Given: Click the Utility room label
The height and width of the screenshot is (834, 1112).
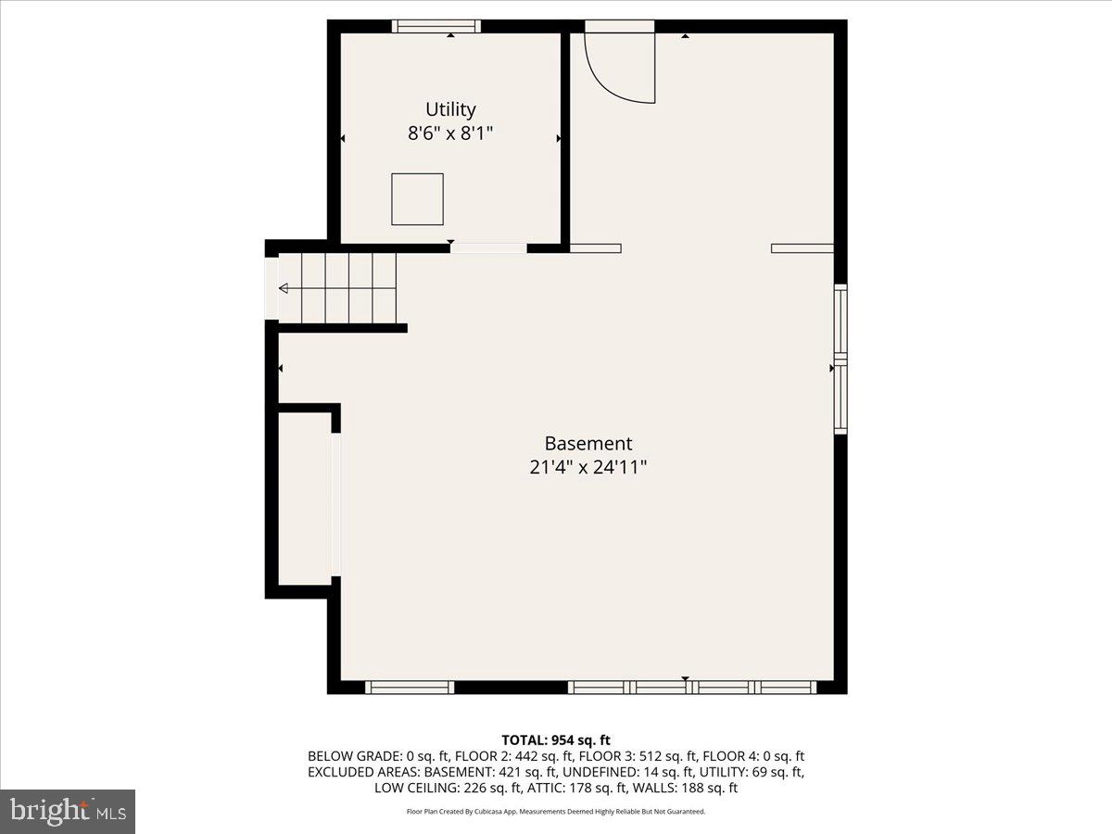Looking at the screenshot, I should pyautogui.click(x=450, y=109).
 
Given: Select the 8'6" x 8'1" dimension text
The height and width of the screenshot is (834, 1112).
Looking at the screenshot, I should pyautogui.click(x=450, y=133).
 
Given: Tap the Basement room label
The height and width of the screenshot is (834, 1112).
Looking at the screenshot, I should pyautogui.click(x=588, y=444).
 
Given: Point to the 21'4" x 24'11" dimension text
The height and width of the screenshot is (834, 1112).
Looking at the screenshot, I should pyautogui.click(x=588, y=468).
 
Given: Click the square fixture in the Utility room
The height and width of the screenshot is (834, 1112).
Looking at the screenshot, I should pyautogui.click(x=417, y=199).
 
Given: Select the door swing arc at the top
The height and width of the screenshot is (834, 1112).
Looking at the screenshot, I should pyautogui.click(x=619, y=69).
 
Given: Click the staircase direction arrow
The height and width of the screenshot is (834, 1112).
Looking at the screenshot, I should pyautogui.click(x=284, y=289).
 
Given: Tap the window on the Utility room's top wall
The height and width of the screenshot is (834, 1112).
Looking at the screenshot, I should pyautogui.click(x=436, y=26).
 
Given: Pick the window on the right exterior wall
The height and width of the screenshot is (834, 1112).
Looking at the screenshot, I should pyautogui.click(x=840, y=360).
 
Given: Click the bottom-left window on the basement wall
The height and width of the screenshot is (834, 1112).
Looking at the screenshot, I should pyautogui.click(x=409, y=688).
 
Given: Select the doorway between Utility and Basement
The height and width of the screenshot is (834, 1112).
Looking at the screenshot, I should pyautogui.click(x=488, y=248).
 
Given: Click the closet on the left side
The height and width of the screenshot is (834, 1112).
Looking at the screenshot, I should pyautogui.click(x=306, y=499).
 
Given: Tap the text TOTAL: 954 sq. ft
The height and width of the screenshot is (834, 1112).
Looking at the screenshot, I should pyautogui.click(x=556, y=739).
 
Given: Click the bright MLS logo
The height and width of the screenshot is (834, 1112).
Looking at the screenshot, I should pyautogui.click(x=68, y=811).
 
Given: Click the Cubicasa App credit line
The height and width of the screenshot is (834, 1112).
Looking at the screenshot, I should pyautogui.click(x=556, y=812).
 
